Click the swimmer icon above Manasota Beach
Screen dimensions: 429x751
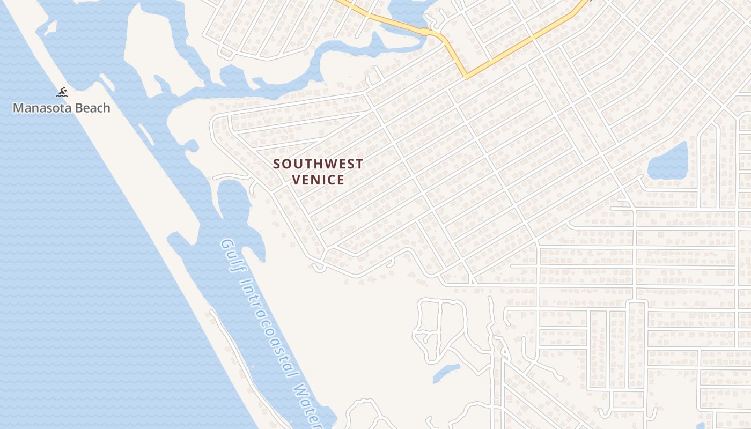point(62,92)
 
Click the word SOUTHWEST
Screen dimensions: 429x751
point(318,164)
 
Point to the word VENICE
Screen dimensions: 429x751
point(318,180)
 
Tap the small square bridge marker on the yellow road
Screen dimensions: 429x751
point(425,32)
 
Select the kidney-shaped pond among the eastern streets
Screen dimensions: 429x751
point(668,161)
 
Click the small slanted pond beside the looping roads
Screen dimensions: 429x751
point(446,373)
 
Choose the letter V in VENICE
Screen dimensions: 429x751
point(296,180)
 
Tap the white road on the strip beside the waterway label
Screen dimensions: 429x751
point(236,349)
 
